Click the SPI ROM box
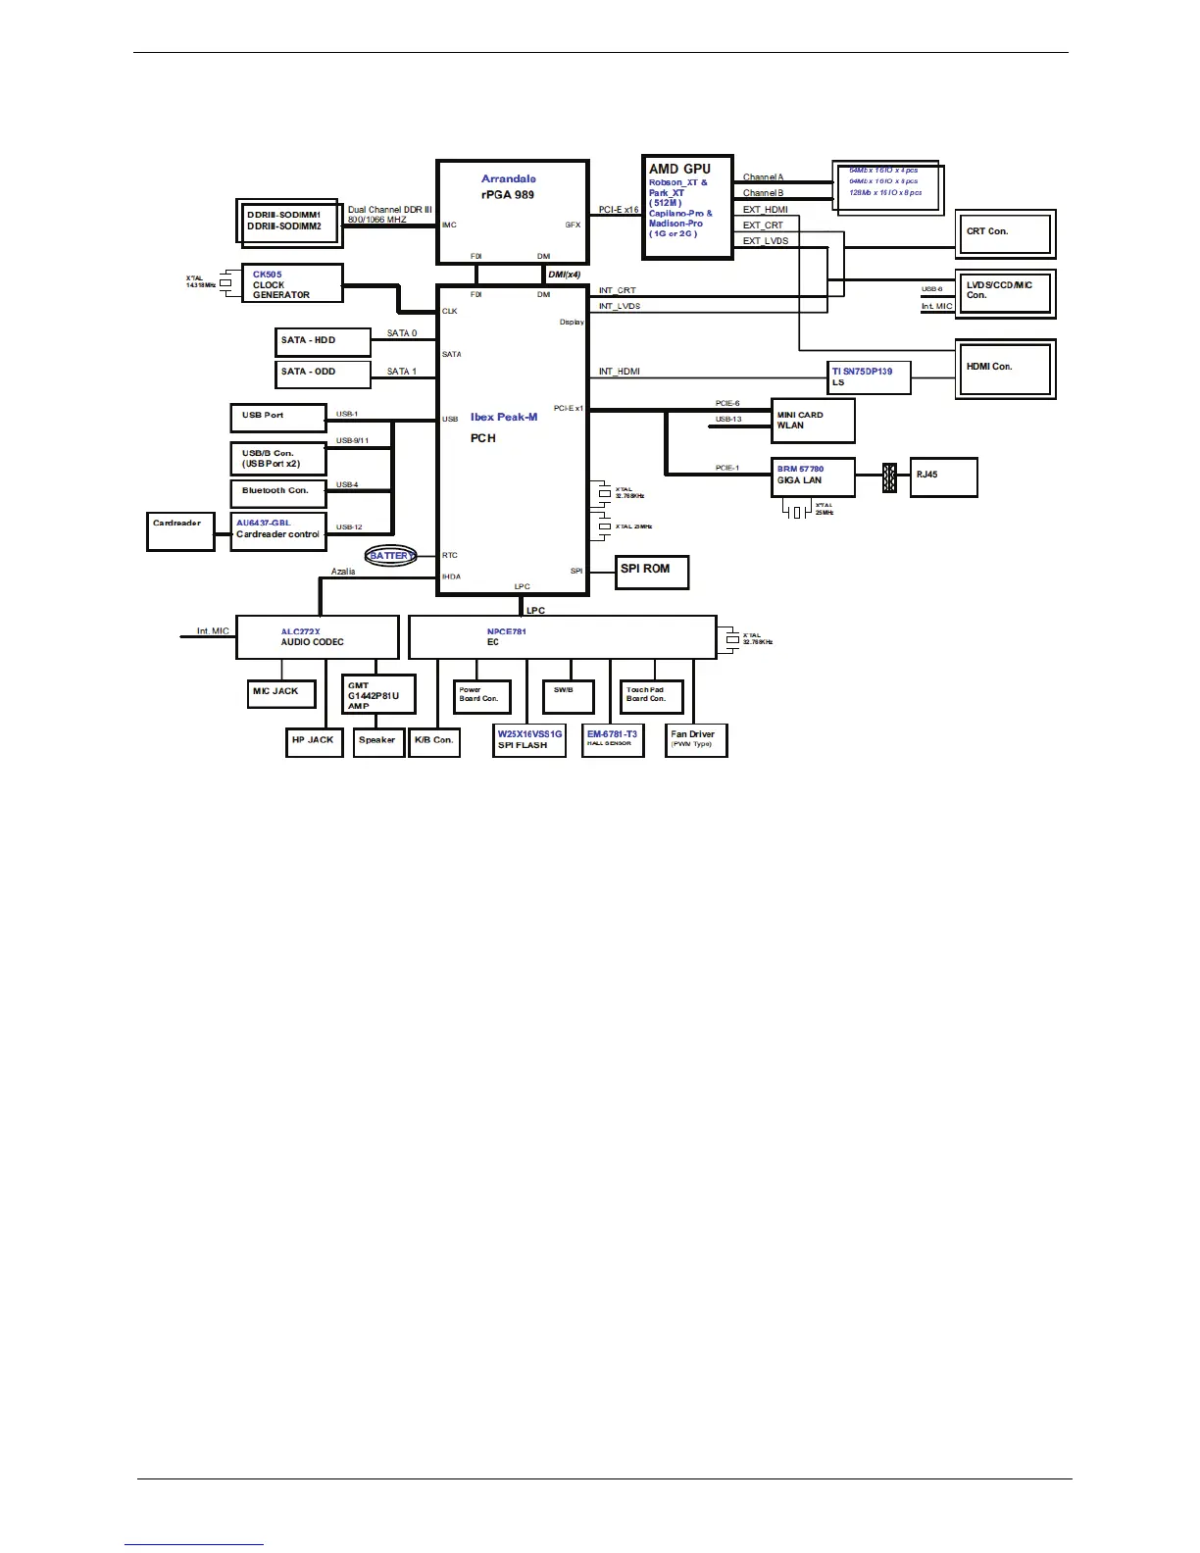tap(652, 572)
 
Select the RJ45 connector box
tap(943, 476)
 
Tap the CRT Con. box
tap(1004, 234)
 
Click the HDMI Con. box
tap(1004, 369)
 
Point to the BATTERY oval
tap(391, 556)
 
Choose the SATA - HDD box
tap(323, 341)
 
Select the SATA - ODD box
tap(323, 374)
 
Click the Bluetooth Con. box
tap(278, 492)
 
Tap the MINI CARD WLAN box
tap(813, 421)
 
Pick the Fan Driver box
tap(695, 740)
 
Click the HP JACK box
tap(313, 742)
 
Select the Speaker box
tap(377, 742)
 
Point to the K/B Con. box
tap(433, 742)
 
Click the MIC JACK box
tap(281, 693)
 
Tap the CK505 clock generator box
tap(292, 284)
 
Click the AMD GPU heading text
tap(679, 169)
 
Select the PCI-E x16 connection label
tap(619, 210)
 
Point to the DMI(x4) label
tap(564, 275)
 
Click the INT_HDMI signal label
tap(620, 372)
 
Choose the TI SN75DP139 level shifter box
tap(870, 377)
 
